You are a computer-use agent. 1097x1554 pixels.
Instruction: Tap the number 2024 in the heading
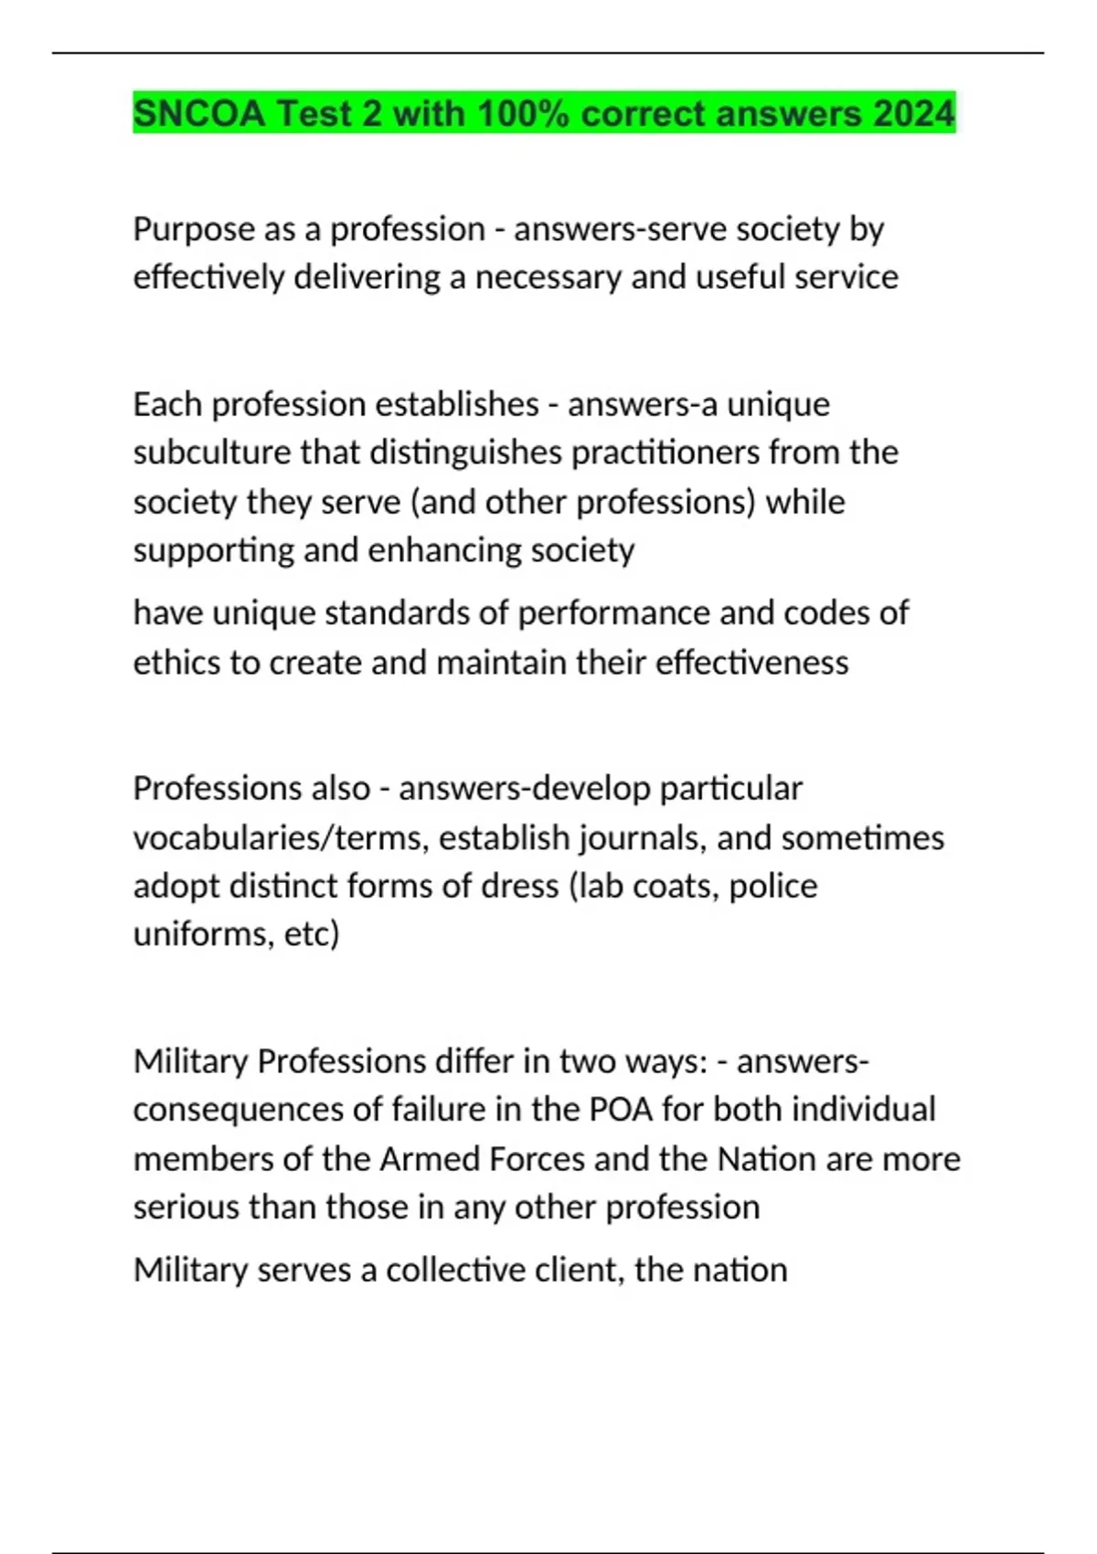(913, 113)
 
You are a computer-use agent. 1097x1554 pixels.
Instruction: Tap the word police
(772, 886)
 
